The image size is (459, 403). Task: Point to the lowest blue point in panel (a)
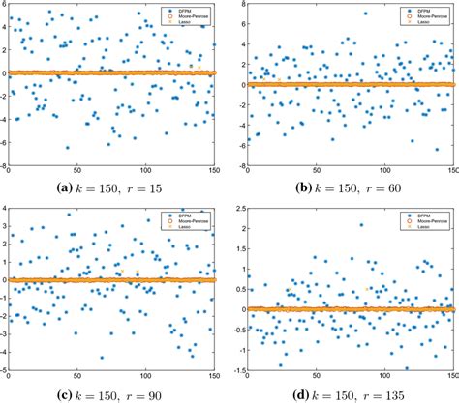click(67, 148)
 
